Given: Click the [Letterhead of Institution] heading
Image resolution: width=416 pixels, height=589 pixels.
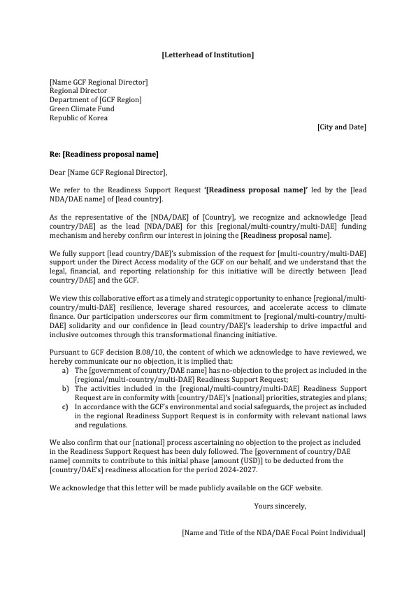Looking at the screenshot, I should tap(208, 54).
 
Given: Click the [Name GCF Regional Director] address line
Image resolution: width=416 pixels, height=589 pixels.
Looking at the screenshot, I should tap(99, 82).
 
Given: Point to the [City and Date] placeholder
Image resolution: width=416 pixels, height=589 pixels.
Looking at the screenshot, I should tap(341, 127).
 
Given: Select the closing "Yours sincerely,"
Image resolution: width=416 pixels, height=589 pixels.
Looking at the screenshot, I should tap(280, 505).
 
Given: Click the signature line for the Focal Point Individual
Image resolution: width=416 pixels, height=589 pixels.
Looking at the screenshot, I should tap(273, 532).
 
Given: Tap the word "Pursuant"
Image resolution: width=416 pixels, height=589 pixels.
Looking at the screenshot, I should tap(64, 352).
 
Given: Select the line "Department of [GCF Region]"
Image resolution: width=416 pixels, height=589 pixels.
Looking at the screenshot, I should tap(95, 100).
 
